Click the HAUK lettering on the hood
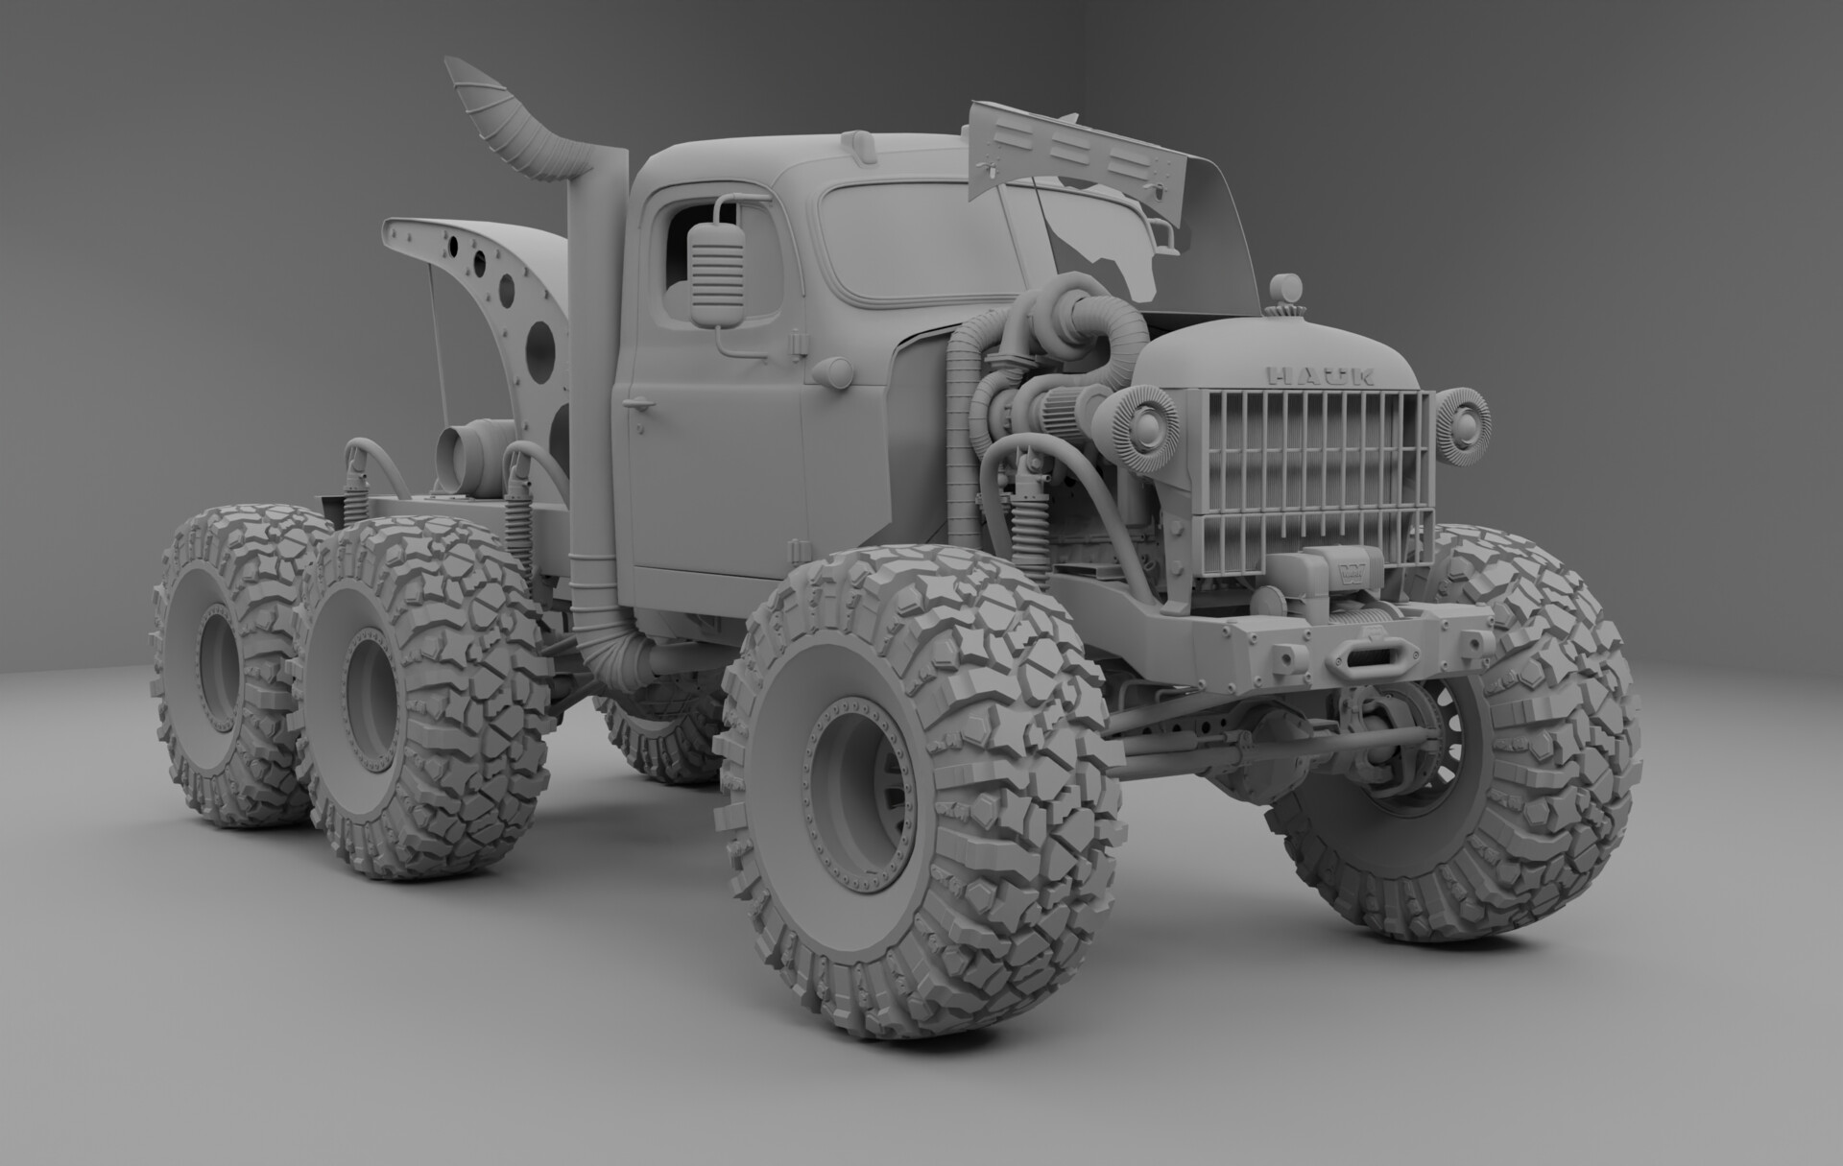[1320, 375]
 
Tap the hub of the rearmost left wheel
[221, 662]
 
